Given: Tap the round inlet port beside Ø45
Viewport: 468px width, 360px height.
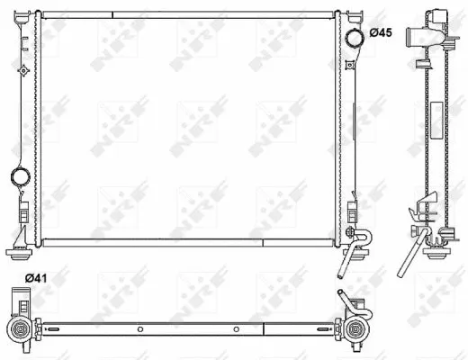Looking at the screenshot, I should pos(355,35).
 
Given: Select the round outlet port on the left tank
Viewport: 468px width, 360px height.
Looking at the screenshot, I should pos(18,176).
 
